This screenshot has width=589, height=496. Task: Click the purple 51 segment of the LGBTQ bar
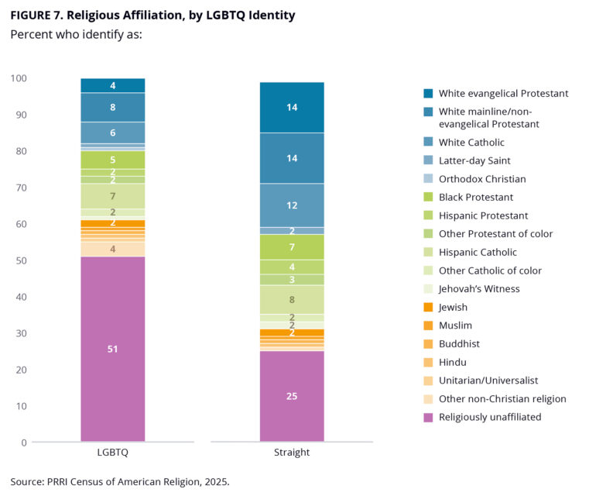click(112, 349)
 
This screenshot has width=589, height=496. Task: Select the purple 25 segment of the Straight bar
click(291, 396)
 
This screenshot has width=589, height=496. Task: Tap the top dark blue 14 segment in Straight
click(291, 108)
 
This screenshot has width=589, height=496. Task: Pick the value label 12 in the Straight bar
click(291, 205)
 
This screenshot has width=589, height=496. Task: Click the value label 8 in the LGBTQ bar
click(113, 108)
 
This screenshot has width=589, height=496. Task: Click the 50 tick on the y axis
click(19, 260)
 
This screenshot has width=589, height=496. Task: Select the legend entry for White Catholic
click(471, 143)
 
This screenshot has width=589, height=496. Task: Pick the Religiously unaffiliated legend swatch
click(429, 417)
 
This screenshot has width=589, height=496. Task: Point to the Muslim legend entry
click(455, 325)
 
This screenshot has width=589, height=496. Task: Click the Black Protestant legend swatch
click(429, 198)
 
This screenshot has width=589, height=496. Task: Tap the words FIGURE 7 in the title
click(39, 15)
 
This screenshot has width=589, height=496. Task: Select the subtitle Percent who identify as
click(76, 34)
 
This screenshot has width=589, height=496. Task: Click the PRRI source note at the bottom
click(120, 481)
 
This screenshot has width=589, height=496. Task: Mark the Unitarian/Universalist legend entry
click(488, 381)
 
